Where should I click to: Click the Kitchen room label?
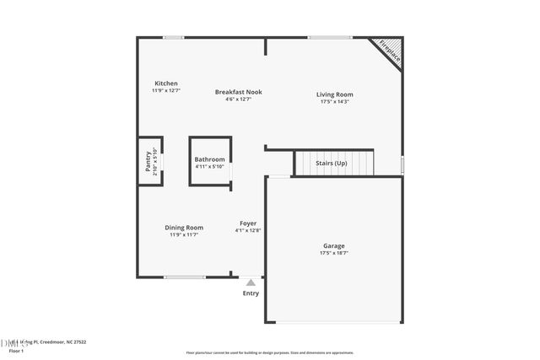165,83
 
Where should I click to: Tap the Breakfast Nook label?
239,91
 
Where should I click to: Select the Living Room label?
334,94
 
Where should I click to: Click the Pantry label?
148,160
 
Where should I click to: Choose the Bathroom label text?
209,159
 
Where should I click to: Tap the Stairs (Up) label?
331,163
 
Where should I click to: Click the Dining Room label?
184,228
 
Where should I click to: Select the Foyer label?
248,223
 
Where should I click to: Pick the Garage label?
334,245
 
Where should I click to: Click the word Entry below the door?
251,293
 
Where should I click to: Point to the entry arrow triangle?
251,282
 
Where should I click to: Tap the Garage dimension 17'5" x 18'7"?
334,253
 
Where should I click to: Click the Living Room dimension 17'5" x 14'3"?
334,102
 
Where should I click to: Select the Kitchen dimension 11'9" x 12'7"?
165,90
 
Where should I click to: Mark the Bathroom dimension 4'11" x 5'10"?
209,166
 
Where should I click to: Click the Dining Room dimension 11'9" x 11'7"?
184,235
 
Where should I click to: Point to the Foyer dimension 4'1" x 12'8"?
248,230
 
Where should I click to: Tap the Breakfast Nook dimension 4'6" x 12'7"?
239,99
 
